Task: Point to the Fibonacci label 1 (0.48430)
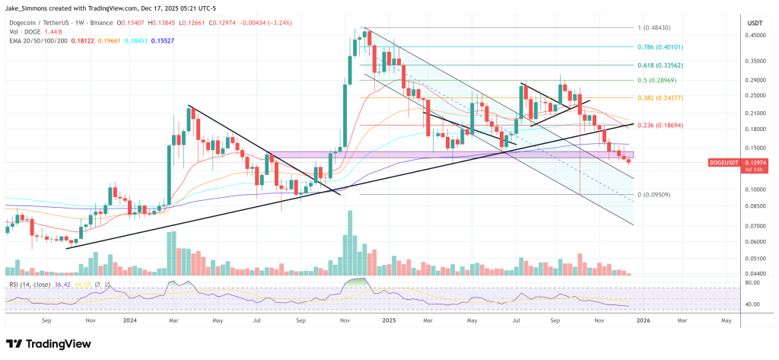[658, 28]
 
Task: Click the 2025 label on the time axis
[389, 322]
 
